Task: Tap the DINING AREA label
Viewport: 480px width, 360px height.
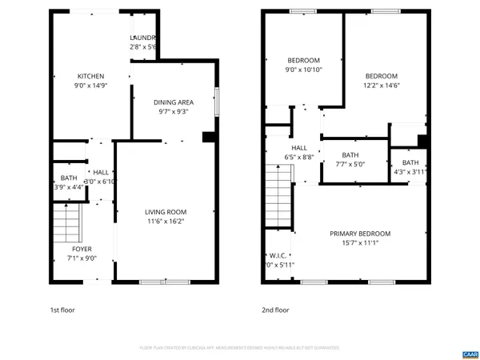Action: (x=174, y=102)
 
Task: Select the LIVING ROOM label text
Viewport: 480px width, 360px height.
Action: (x=166, y=212)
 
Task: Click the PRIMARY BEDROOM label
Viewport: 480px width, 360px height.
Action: (x=358, y=234)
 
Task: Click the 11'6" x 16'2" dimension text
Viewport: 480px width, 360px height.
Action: (x=166, y=222)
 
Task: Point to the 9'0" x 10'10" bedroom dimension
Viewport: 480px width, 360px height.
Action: (x=304, y=70)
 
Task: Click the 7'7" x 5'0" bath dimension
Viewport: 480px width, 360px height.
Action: (x=350, y=165)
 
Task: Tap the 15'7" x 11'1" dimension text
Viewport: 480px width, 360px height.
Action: (x=358, y=243)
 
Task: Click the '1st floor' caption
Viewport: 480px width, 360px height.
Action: (x=64, y=310)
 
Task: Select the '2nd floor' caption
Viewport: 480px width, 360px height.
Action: (x=276, y=310)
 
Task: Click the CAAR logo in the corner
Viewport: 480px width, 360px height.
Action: (x=470, y=353)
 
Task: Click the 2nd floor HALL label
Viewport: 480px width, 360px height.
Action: (x=299, y=148)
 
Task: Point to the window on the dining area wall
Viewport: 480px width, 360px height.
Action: (x=216, y=102)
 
